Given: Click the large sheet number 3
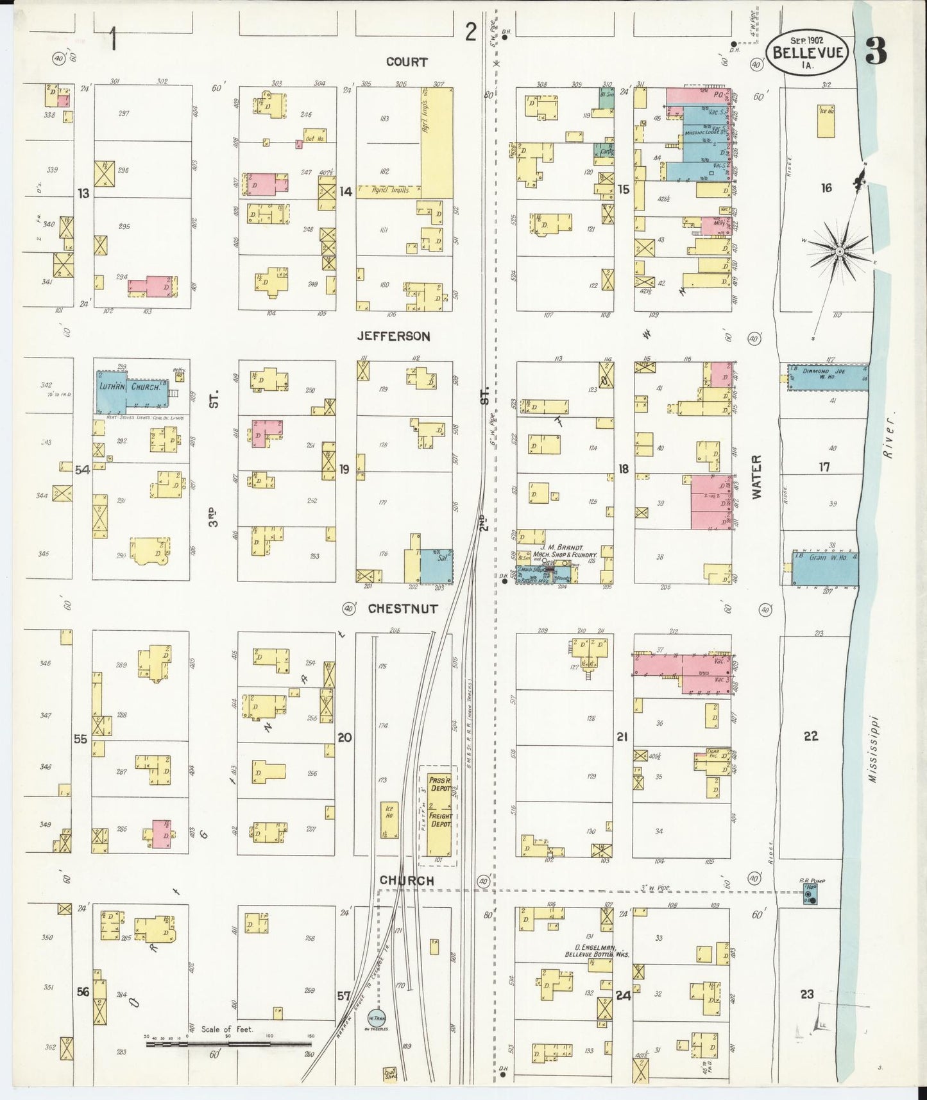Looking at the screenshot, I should coord(876,51).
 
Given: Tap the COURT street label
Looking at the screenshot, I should coord(407,62).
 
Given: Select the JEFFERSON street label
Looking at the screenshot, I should coord(393,336).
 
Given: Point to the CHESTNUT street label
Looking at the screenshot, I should coord(403,608).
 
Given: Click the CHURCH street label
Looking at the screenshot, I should coord(407,881).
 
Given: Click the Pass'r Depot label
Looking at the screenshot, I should coord(440,783).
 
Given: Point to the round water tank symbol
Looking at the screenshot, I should coord(376,1017).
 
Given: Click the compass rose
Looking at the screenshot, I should coord(838,251).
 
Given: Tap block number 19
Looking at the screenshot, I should coord(344,469).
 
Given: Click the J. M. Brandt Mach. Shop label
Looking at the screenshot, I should coord(565,551).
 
